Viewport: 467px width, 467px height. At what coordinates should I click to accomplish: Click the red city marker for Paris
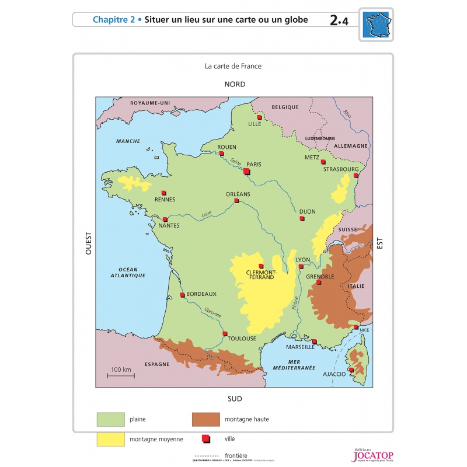pyautogui.click(x=247, y=172)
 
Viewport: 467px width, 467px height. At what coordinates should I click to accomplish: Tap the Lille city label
pyautogui.click(x=255, y=124)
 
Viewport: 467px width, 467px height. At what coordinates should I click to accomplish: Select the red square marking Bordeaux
pyautogui.click(x=182, y=295)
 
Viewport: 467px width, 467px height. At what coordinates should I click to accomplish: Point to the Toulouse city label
pyautogui.click(x=242, y=339)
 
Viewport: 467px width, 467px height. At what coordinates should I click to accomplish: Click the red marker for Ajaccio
pyautogui.click(x=351, y=370)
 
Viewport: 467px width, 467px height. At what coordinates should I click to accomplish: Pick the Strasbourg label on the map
pyautogui.click(x=340, y=169)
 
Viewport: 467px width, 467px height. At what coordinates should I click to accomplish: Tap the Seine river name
pyautogui.click(x=236, y=161)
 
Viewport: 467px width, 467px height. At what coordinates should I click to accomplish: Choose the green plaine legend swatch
pyautogui.click(x=111, y=419)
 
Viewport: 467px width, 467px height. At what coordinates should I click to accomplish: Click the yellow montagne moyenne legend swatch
pyautogui.click(x=111, y=439)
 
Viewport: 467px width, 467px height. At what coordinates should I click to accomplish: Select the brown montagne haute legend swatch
pyautogui.click(x=205, y=419)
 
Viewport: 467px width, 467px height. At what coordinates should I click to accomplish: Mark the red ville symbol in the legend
pyautogui.click(x=205, y=439)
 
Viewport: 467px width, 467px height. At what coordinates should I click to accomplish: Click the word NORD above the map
pyautogui.click(x=235, y=84)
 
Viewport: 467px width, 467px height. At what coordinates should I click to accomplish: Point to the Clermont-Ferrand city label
pyautogui.click(x=261, y=275)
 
